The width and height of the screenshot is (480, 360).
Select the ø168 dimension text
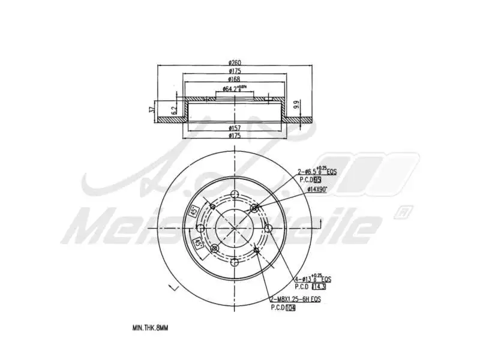(x=234, y=79)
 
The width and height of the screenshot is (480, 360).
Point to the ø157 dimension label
(x=234, y=128)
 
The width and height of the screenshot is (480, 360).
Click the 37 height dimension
(x=151, y=110)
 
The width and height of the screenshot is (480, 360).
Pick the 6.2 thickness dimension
(x=173, y=110)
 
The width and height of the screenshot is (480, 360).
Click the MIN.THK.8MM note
(x=151, y=328)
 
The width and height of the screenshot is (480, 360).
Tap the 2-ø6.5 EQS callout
(x=317, y=172)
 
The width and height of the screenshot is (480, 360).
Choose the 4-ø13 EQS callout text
(x=312, y=280)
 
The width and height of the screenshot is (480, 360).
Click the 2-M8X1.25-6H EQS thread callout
(x=297, y=298)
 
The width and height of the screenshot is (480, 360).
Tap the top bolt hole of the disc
(x=234, y=193)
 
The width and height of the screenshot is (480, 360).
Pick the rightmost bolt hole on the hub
(x=268, y=227)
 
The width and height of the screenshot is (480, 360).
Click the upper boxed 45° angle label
(x=194, y=211)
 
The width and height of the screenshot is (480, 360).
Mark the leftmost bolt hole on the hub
(x=200, y=227)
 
